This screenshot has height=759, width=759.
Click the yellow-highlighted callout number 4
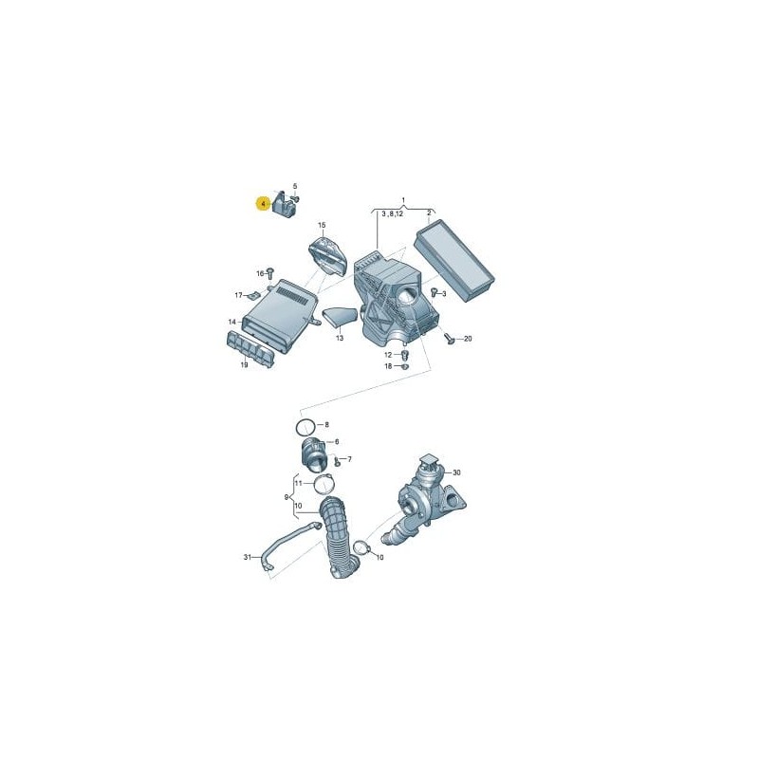point(262,203)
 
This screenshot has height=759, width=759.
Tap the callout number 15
point(322,225)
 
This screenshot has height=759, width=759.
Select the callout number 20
point(467,339)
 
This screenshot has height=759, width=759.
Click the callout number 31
point(248,556)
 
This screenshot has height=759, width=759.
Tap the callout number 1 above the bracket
point(403,200)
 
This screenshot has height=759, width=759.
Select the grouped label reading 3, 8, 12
point(392,215)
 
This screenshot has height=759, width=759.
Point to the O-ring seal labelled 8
point(305,425)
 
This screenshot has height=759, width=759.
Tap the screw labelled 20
point(449,337)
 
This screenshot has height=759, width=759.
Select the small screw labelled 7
point(337,462)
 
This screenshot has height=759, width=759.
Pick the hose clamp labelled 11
point(324,486)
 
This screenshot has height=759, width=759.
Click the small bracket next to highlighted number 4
point(284,206)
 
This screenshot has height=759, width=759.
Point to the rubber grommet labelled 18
point(405,365)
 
